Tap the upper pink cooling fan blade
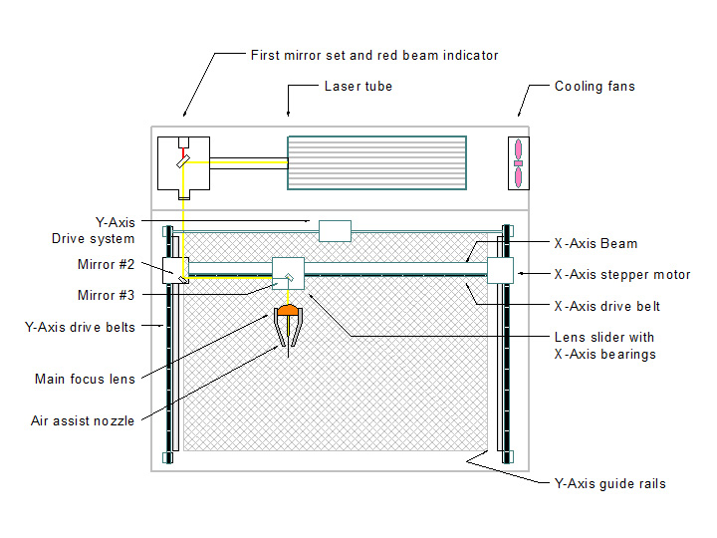(x=518, y=148)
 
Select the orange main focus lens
(x=287, y=311)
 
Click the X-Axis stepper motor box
(x=500, y=270)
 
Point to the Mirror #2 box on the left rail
(x=175, y=269)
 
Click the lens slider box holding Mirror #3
(x=288, y=273)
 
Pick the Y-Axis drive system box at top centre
(x=335, y=231)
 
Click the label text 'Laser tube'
(x=358, y=87)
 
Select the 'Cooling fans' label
(x=595, y=87)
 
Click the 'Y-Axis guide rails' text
(x=609, y=484)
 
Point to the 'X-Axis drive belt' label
(x=606, y=306)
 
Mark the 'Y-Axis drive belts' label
(x=80, y=326)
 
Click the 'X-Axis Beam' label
(x=596, y=243)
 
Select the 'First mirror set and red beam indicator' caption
(x=374, y=55)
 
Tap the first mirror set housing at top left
(x=183, y=163)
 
